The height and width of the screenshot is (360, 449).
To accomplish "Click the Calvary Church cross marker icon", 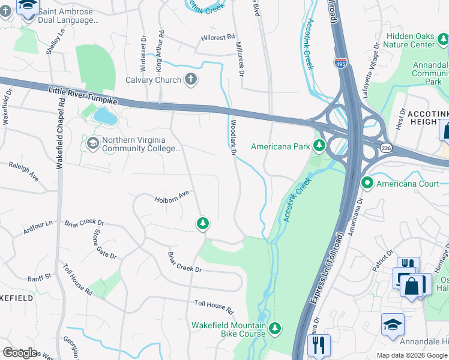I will tap(190, 80).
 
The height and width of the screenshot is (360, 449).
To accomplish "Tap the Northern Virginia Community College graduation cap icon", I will tap(93, 143).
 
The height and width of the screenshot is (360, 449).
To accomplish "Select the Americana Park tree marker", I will tap(319, 145).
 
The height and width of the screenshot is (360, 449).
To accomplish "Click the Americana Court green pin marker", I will tap(367, 182).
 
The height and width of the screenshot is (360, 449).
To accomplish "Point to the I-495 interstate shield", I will tap(340, 63).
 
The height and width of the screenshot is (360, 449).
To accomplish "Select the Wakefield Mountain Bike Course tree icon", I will tap(275, 328).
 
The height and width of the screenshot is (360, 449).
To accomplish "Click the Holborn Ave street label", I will tap(172, 197).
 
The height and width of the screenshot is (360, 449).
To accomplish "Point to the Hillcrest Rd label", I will tap(217, 37).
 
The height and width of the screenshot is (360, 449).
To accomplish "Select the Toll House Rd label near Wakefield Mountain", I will tap(213, 307).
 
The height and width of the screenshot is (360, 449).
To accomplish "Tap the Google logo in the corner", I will tap(20, 352).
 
